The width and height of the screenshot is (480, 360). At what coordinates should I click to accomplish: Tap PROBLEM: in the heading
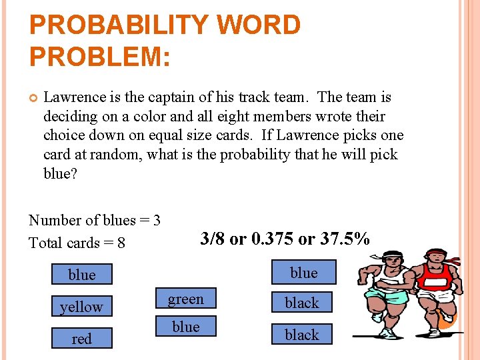pyautogui.click(x=100, y=56)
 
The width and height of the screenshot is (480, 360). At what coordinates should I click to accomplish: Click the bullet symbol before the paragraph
pyautogui.click(x=33, y=98)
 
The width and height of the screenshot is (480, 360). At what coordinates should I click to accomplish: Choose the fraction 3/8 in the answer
pyautogui.click(x=212, y=239)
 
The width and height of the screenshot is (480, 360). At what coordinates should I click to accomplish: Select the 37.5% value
pyautogui.click(x=345, y=239)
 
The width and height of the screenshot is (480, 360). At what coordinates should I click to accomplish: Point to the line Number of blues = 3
pyautogui.click(x=95, y=220)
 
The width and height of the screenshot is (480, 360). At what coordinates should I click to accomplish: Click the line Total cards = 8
pyautogui.click(x=77, y=243)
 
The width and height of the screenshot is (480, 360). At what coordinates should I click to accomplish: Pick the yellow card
pyautogui.click(x=82, y=307)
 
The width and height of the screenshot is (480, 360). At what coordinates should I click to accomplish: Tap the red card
pyautogui.click(x=82, y=339)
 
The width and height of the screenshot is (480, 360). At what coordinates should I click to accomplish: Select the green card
pyautogui.click(x=186, y=299)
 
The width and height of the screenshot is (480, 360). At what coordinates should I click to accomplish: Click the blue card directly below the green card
pyautogui.click(x=186, y=327)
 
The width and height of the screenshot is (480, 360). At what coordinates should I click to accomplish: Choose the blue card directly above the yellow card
pyautogui.click(x=82, y=275)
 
